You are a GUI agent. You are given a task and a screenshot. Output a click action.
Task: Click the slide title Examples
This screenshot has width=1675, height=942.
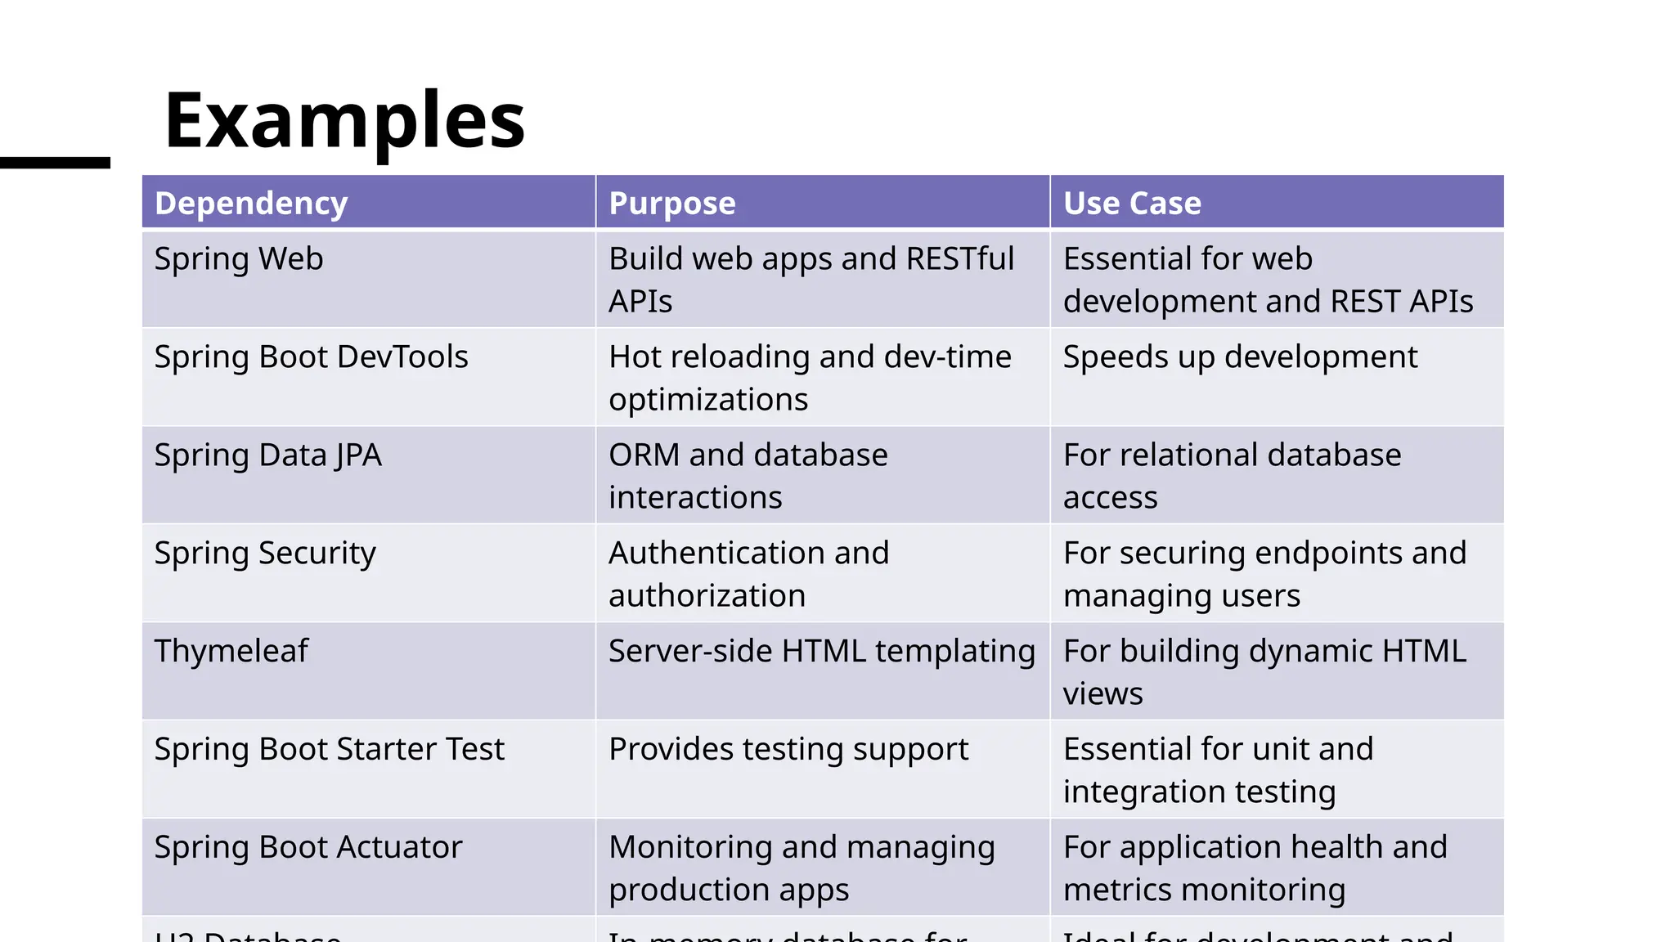click(344, 121)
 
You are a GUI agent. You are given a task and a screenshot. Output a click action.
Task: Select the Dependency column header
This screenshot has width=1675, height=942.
click(251, 203)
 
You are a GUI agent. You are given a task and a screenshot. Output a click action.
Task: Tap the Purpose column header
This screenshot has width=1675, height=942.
click(672, 203)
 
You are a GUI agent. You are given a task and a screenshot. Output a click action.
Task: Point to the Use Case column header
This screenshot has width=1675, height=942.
click(1132, 203)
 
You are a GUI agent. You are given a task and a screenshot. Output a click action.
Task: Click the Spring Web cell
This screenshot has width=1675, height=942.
click(239, 259)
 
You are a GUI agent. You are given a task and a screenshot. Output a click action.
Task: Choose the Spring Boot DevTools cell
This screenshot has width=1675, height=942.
click(311, 357)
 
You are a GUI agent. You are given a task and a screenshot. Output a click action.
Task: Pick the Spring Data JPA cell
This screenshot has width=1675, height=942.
click(267, 455)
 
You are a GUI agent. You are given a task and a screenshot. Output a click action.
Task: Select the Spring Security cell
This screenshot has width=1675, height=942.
click(265, 554)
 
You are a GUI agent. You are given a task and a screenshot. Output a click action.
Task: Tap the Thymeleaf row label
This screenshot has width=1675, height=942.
click(231, 652)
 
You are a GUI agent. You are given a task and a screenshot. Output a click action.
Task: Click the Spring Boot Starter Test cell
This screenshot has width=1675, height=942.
click(329, 750)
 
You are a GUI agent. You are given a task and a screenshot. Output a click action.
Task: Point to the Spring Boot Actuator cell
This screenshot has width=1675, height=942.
click(308, 848)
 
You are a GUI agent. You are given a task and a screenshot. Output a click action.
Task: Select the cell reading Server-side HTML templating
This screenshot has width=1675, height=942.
click(822, 652)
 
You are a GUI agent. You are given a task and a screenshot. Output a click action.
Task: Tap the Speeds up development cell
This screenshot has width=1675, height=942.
click(1240, 357)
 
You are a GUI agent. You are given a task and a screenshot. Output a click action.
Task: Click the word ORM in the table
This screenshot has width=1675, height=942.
click(644, 455)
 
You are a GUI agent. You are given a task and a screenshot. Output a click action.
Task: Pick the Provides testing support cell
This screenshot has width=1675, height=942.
click(788, 750)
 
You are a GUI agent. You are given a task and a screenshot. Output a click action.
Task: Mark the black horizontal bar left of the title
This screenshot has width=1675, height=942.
click(55, 163)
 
